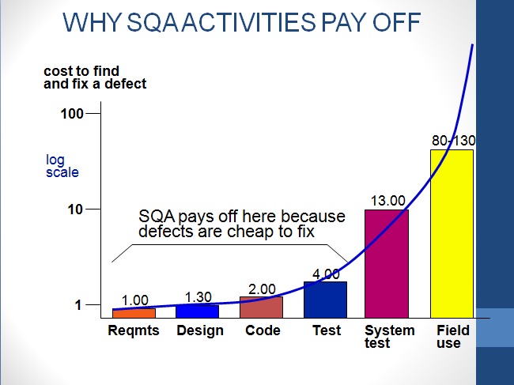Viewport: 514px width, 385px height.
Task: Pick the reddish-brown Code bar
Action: tap(262, 307)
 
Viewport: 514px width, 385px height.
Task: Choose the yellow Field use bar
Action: tap(452, 233)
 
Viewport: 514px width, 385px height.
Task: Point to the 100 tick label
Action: tap(73, 114)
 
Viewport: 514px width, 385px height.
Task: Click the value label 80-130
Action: tap(453, 141)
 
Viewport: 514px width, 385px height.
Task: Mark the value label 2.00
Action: tap(263, 289)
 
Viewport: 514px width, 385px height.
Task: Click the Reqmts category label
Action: tap(134, 330)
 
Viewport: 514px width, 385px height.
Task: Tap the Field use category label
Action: tap(452, 337)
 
